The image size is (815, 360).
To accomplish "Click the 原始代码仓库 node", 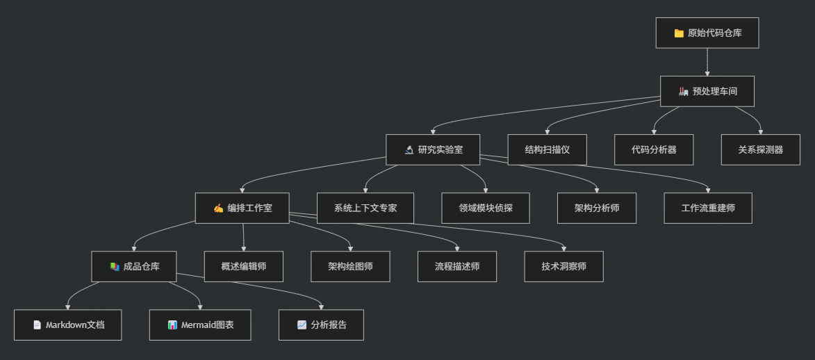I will [x=707, y=33].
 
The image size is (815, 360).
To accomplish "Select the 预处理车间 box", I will [x=707, y=91].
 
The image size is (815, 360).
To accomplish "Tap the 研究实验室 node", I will [x=434, y=149].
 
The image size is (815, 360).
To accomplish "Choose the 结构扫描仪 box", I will [x=548, y=149].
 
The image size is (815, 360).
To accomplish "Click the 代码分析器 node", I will [x=654, y=149].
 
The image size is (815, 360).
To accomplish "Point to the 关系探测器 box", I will [x=761, y=149].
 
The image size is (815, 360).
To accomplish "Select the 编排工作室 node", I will [x=242, y=208].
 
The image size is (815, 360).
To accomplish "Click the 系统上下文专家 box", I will [x=365, y=208].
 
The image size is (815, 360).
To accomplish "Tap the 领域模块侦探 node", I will [x=486, y=208].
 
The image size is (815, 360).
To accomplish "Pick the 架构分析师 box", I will [x=597, y=208].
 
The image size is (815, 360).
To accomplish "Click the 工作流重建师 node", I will [x=708, y=208].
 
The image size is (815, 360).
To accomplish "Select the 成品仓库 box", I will [x=134, y=266].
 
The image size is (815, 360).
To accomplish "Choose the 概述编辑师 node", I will [x=244, y=266].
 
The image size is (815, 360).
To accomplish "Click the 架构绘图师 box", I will [x=350, y=266].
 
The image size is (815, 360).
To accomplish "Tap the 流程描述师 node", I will [x=457, y=266].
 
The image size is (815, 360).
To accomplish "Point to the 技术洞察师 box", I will [x=564, y=266].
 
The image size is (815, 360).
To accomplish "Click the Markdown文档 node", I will [x=68, y=325].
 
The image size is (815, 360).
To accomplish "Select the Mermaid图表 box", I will [x=200, y=325].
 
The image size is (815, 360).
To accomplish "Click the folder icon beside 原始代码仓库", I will [x=679, y=33].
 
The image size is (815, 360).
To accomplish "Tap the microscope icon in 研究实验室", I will [x=409, y=149].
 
